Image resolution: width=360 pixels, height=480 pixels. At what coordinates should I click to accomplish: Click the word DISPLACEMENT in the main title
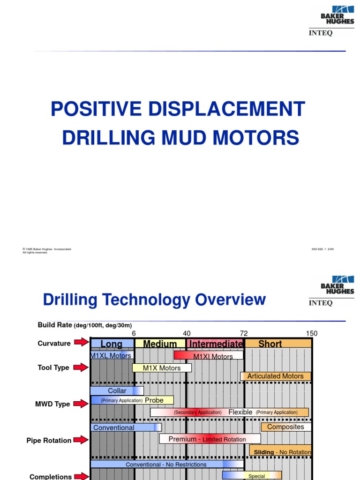pos(228,109)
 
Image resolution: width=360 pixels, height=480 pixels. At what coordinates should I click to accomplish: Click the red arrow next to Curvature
pos(81,343)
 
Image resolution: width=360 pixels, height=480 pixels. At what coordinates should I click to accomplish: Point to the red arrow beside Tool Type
pos(81,367)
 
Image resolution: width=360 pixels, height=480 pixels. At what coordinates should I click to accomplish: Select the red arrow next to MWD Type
pos(81,404)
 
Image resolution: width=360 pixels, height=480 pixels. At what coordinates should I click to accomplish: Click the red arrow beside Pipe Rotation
pos(81,440)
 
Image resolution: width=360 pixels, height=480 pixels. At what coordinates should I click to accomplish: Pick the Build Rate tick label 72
pos(244,333)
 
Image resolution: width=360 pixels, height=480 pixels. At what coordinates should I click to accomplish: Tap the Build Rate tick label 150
pos(312,333)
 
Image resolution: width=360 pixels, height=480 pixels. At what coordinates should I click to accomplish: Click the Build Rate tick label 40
pos(187,333)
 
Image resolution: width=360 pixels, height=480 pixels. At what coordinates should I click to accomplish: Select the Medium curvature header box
pos(160,344)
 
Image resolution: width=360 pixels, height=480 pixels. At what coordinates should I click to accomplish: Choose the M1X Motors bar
pos(162,368)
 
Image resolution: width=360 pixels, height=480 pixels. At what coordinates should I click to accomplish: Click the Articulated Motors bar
pos(275,376)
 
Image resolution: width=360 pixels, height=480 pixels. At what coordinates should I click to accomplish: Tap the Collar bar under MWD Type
pos(117,390)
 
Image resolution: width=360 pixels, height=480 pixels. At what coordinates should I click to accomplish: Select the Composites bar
pos(285,427)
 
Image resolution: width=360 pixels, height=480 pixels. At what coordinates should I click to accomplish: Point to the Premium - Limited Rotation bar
pos(210,439)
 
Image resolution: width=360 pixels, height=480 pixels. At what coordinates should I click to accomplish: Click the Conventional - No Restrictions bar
pos(166,464)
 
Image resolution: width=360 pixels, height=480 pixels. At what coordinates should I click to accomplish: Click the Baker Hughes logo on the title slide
pos(337,15)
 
